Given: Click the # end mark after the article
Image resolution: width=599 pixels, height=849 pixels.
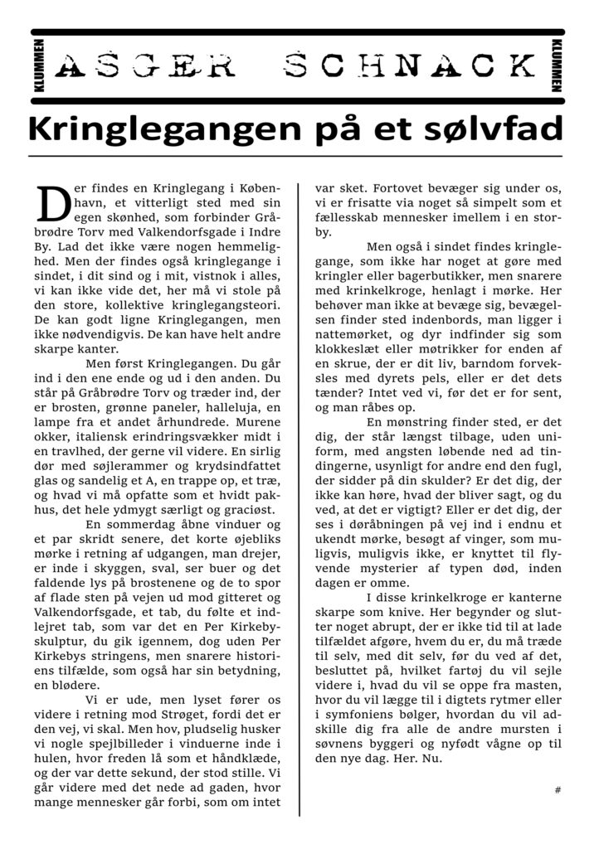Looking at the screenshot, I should [x=558, y=790].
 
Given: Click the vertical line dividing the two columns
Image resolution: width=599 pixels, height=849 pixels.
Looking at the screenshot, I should [x=299, y=497].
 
